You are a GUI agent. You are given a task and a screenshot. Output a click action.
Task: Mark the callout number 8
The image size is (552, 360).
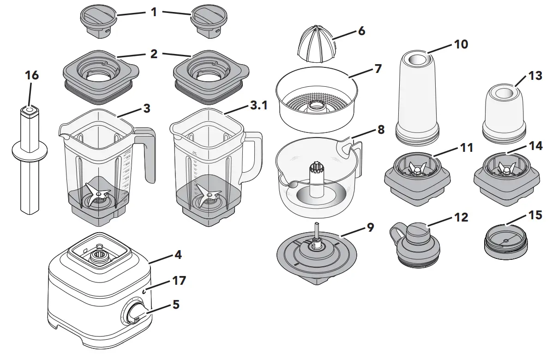click(381, 130)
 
